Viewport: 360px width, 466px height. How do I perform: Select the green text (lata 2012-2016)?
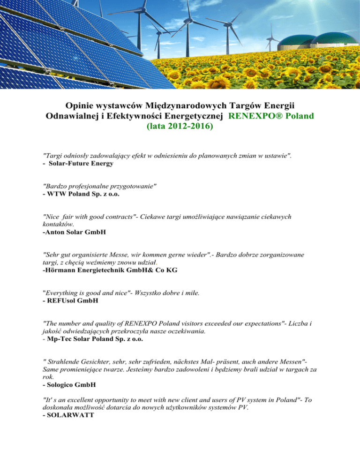180,126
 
